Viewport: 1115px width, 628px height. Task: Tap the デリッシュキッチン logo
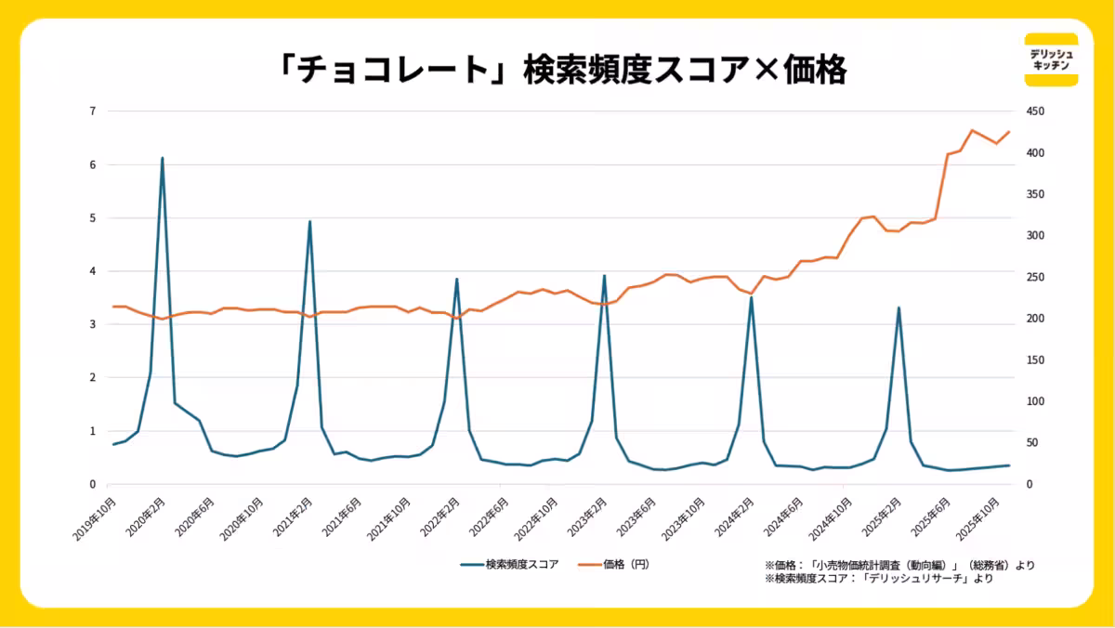(x=1051, y=59)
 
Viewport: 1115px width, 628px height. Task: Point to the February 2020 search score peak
(x=162, y=159)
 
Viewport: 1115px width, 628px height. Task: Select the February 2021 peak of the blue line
(x=309, y=222)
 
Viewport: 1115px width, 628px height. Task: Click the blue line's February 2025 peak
(x=899, y=307)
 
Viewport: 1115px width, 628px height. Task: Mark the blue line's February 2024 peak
(x=751, y=298)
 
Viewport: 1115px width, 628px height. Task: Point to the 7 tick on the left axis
(x=92, y=111)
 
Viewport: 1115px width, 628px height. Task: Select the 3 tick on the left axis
(x=92, y=324)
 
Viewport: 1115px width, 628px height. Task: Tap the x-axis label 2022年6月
(x=489, y=517)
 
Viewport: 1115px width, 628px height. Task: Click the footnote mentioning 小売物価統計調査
(x=899, y=565)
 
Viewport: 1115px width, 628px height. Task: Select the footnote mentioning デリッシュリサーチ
(x=878, y=579)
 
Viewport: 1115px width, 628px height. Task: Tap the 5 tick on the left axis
(x=92, y=218)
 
